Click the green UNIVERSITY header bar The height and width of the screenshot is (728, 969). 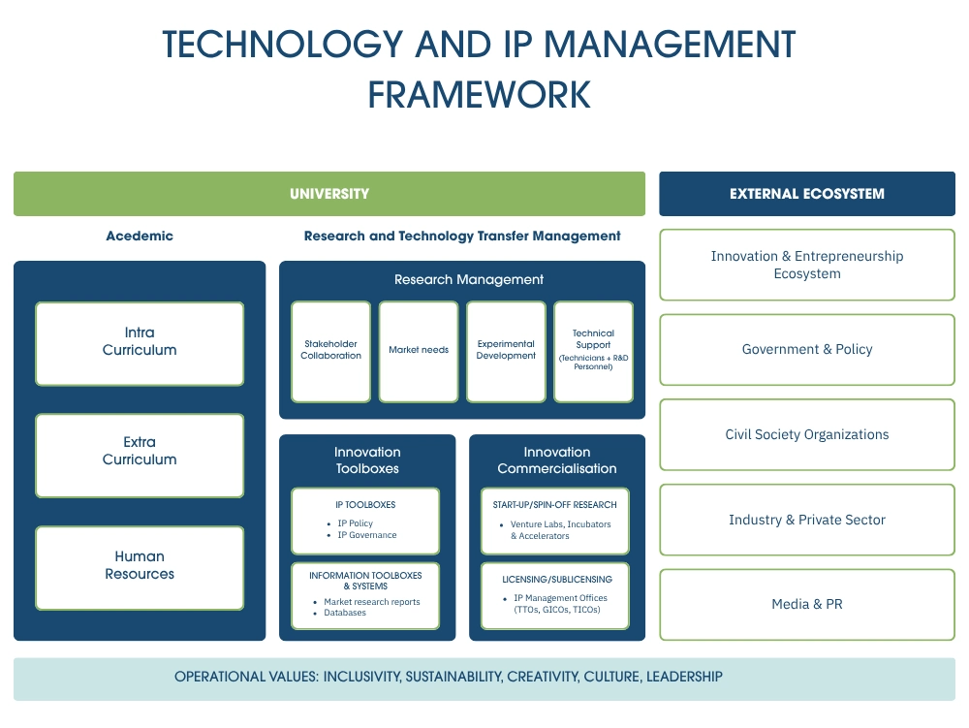[x=329, y=194]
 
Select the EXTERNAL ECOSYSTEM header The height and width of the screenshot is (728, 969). [x=806, y=194]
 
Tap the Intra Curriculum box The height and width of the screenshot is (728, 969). [x=140, y=342]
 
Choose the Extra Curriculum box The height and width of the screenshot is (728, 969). [x=140, y=452]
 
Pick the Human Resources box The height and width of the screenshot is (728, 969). [x=140, y=566]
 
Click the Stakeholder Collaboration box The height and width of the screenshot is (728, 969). [x=331, y=351]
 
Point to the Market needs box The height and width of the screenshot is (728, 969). [x=419, y=351]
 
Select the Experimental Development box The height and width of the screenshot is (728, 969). [x=506, y=351]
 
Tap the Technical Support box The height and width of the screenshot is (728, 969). [x=593, y=351]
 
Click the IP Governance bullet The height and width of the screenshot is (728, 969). [x=366, y=535]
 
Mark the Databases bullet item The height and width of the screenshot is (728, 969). [x=345, y=613]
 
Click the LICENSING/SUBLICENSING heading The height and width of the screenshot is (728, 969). [x=556, y=580]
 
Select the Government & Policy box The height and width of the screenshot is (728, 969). [x=806, y=350]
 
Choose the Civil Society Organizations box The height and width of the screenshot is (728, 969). [x=806, y=435]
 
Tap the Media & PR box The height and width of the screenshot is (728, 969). [x=806, y=605]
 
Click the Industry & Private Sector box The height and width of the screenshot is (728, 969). [x=806, y=521]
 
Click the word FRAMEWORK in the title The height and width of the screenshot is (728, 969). [x=479, y=95]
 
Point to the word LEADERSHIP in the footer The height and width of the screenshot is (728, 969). [x=684, y=678]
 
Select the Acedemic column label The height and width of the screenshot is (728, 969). [x=140, y=237]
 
